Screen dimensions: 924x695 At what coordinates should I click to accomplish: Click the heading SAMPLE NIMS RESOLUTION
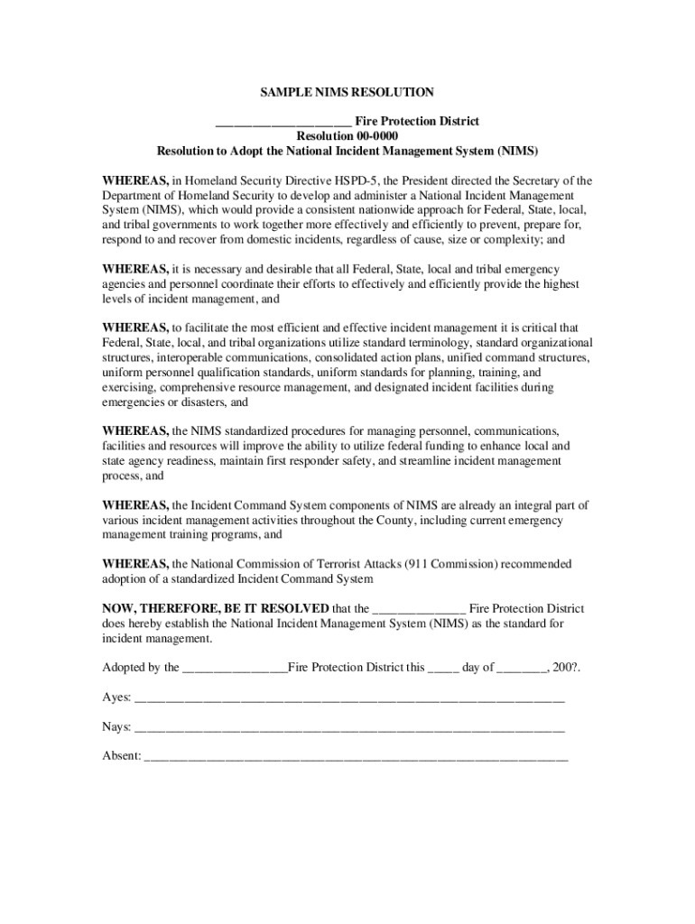[x=347, y=92]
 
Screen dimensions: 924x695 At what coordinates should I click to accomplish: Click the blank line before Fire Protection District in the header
[x=283, y=123]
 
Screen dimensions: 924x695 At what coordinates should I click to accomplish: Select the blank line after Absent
[x=357, y=758]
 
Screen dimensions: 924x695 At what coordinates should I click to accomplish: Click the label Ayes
[x=116, y=698]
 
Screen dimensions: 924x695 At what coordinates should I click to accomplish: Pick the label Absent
[x=121, y=756]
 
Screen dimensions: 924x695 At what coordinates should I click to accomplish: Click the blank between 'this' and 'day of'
[x=442, y=670]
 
